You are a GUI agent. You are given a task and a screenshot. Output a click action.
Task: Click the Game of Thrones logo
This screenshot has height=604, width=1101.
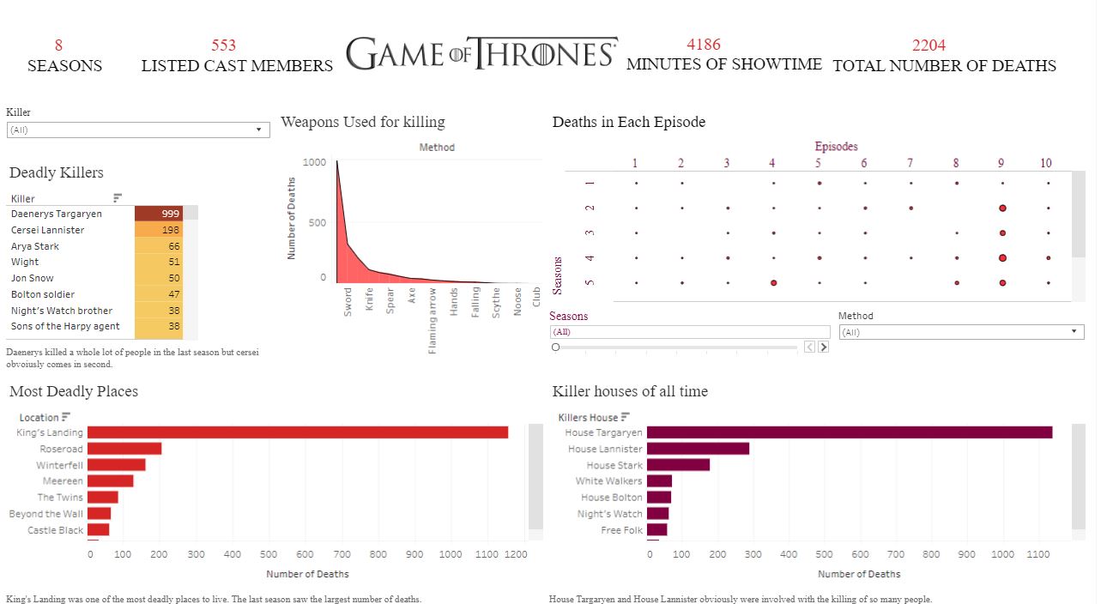pyautogui.click(x=481, y=54)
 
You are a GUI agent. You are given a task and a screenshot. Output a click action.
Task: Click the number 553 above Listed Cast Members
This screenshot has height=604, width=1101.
pyautogui.click(x=223, y=45)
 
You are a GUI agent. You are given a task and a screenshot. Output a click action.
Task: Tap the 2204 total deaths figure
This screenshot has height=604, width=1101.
pyautogui.click(x=929, y=45)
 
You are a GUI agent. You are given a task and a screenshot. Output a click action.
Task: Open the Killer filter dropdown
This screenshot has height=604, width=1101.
pyautogui.click(x=137, y=130)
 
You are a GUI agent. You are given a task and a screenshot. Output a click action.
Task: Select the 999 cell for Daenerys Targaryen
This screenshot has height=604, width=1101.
pyautogui.click(x=159, y=214)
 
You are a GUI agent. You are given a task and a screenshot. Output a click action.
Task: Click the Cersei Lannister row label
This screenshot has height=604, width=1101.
pyautogui.click(x=48, y=230)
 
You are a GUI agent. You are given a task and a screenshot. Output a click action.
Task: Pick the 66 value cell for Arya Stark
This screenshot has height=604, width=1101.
pyautogui.click(x=159, y=246)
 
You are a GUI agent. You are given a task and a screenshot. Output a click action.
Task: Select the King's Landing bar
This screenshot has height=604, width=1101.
pyautogui.click(x=298, y=432)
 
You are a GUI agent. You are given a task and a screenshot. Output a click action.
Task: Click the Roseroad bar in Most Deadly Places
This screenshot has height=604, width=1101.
pyautogui.click(x=124, y=449)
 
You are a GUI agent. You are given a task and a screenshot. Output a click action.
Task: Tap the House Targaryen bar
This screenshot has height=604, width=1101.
pyautogui.click(x=850, y=432)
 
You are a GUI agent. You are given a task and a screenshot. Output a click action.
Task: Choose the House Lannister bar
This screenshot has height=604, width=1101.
pyautogui.click(x=698, y=449)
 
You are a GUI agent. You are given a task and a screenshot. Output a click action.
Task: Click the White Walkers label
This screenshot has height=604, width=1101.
pyautogui.click(x=608, y=481)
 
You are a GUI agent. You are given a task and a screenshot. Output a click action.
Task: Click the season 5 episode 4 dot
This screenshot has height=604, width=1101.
pyautogui.click(x=773, y=282)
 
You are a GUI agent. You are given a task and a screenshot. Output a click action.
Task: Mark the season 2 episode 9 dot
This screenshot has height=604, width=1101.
pyautogui.click(x=1002, y=208)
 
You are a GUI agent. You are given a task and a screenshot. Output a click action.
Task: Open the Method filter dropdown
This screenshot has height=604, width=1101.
pyautogui.click(x=961, y=332)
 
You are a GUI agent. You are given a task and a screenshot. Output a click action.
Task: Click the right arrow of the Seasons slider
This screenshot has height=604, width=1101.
pyautogui.click(x=824, y=347)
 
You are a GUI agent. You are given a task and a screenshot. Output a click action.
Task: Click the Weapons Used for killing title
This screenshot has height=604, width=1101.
pyautogui.click(x=363, y=122)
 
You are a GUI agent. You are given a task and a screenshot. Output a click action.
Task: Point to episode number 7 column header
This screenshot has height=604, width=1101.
pyautogui.click(x=910, y=163)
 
